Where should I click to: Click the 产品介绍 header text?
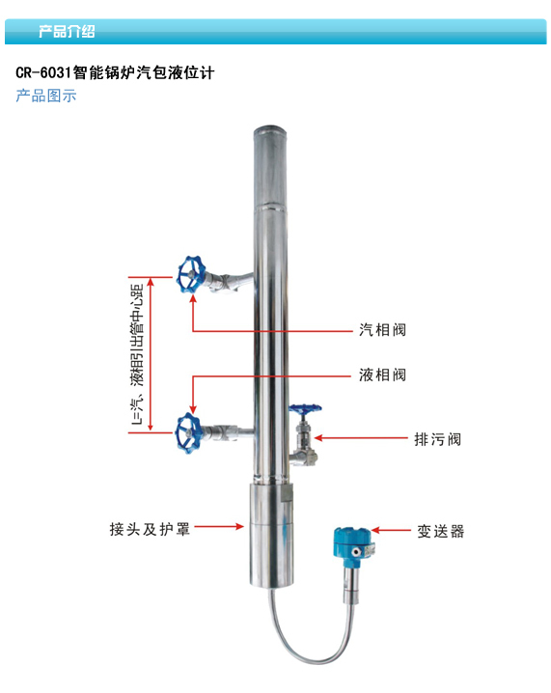click(67, 32)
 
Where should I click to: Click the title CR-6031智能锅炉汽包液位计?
click(115, 72)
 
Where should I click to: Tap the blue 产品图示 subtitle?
click(46, 96)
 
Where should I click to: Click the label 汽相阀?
click(382, 330)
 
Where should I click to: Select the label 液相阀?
click(382, 375)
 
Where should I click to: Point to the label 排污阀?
click(437, 439)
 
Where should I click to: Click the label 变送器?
click(441, 531)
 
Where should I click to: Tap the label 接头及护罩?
click(150, 529)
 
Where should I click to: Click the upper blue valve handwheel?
click(191, 274)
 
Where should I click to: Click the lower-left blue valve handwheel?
click(189, 433)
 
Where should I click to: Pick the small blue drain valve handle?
click(305, 409)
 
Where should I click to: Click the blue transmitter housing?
click(352, 543)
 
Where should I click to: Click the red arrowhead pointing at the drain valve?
click(317, 438)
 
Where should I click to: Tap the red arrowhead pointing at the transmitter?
click(375, 530)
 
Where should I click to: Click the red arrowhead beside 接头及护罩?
click(239, 526)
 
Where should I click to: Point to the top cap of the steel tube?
click(269, 131)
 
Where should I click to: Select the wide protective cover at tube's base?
click(271, 536)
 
